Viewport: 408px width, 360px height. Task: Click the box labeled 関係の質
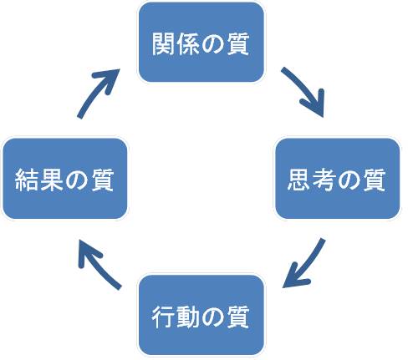201,43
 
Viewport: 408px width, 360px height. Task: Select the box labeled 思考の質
338,179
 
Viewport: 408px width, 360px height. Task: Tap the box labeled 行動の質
201,315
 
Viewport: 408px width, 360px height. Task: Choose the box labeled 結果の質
65,179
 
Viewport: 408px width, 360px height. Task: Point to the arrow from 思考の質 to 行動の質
307,265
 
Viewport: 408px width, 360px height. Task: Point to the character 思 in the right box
299,180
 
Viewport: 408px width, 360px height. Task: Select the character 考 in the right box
324,180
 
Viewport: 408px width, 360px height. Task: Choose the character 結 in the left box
27,180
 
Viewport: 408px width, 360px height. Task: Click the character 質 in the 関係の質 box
238,43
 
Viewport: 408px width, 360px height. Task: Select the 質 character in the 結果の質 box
102,180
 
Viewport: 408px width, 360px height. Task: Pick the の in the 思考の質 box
349,180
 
